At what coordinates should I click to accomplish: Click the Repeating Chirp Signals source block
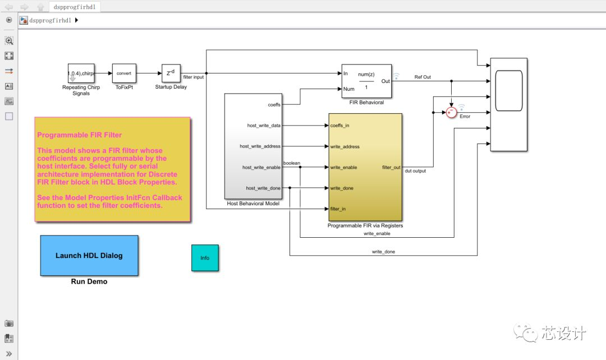pyautogui.click(x=81, y=73)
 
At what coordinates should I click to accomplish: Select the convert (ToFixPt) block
pyautogui.click(x=124, y=73)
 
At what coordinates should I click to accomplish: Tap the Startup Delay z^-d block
pyautogui.click(x=171, y=73)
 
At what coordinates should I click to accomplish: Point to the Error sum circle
pyautogui.click(x=452, y=113)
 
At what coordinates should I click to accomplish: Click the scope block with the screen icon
pyautogui.click(x=508, y=104)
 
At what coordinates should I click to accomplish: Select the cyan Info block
pyautogui.click(x=205, y=258)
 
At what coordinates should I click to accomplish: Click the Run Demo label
pyautogui.click(x=89, y=281)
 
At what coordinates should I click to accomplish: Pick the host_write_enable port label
pyautogui.click(x=261, y=167)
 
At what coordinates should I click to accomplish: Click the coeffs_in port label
pyautogui.click(x=340, y=125)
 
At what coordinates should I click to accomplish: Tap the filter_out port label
pyautogui.click(x=391, y=167)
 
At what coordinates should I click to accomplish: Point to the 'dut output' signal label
pyautogui.click(x=415, y=171)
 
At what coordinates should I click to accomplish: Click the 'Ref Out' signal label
pyautogui.click(x=423, y=77)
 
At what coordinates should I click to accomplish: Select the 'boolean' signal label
pyautogui.click(x=292, y=163)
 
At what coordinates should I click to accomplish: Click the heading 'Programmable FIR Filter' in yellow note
pyautogui.click(x=79, y=135)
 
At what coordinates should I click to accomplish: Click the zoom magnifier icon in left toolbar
pyautogui.click(x=9, y=40)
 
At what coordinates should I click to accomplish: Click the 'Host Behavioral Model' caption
pyautogui.click(x=253, y=204)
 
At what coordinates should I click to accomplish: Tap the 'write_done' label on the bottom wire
pyautogui.click(x=383, y=252)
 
